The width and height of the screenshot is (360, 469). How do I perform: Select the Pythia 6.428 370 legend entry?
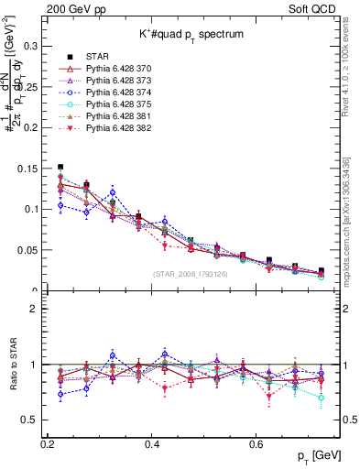click(115, 93)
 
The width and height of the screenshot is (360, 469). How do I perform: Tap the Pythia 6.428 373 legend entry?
click(115, 105)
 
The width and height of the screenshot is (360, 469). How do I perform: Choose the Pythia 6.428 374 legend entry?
click(115, 117)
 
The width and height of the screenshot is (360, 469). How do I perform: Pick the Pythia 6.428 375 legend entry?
click(115, 129)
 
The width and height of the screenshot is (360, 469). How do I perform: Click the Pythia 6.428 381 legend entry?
click(115, 141)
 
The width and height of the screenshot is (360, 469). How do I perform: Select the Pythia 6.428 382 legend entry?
click(115, 153)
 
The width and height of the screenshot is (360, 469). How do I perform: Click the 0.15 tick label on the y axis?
click(27, 168)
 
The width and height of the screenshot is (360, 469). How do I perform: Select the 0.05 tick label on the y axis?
click(27, 250)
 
